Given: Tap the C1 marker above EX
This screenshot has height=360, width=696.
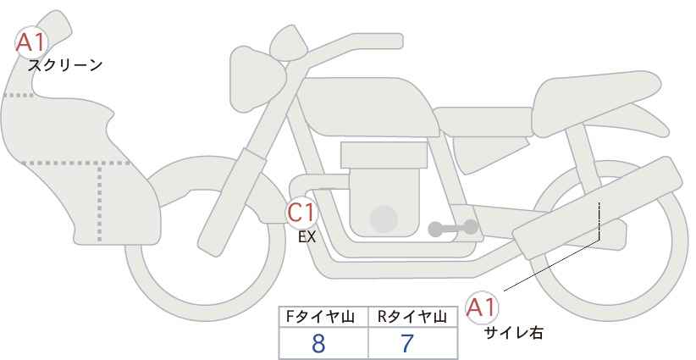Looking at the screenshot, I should coord(301,212).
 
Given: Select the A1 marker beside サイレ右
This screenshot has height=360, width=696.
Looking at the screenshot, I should coord(483,307).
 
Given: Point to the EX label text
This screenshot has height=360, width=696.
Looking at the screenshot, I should coord(307,238).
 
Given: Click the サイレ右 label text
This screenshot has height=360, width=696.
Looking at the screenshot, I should coord(513,333).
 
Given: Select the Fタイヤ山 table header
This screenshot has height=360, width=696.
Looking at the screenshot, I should coord(325,317).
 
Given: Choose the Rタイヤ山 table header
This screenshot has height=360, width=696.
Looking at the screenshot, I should coord(412,317).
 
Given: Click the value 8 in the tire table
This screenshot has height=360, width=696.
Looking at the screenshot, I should coord(318,344).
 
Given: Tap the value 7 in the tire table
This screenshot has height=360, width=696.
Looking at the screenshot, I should coord(406,344).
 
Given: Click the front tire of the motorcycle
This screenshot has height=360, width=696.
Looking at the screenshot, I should coord(140,280).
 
